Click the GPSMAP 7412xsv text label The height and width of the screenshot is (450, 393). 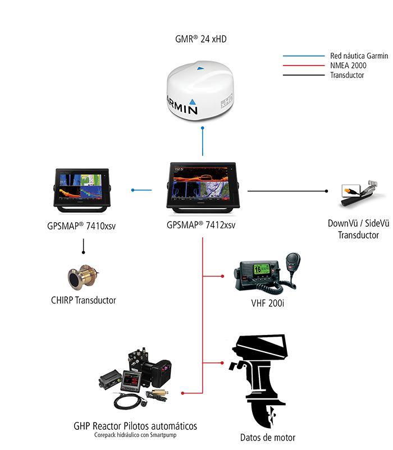coord(201,225)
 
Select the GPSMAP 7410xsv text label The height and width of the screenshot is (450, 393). coord(83,227)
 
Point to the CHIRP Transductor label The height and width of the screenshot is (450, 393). coord(83,300)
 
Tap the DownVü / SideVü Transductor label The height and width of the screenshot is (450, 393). coord(358,229)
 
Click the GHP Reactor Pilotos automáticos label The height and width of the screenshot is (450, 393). coord(135,425)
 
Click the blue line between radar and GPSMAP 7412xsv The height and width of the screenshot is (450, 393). coord(202,143)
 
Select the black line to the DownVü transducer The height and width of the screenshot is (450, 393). coord(286,191)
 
